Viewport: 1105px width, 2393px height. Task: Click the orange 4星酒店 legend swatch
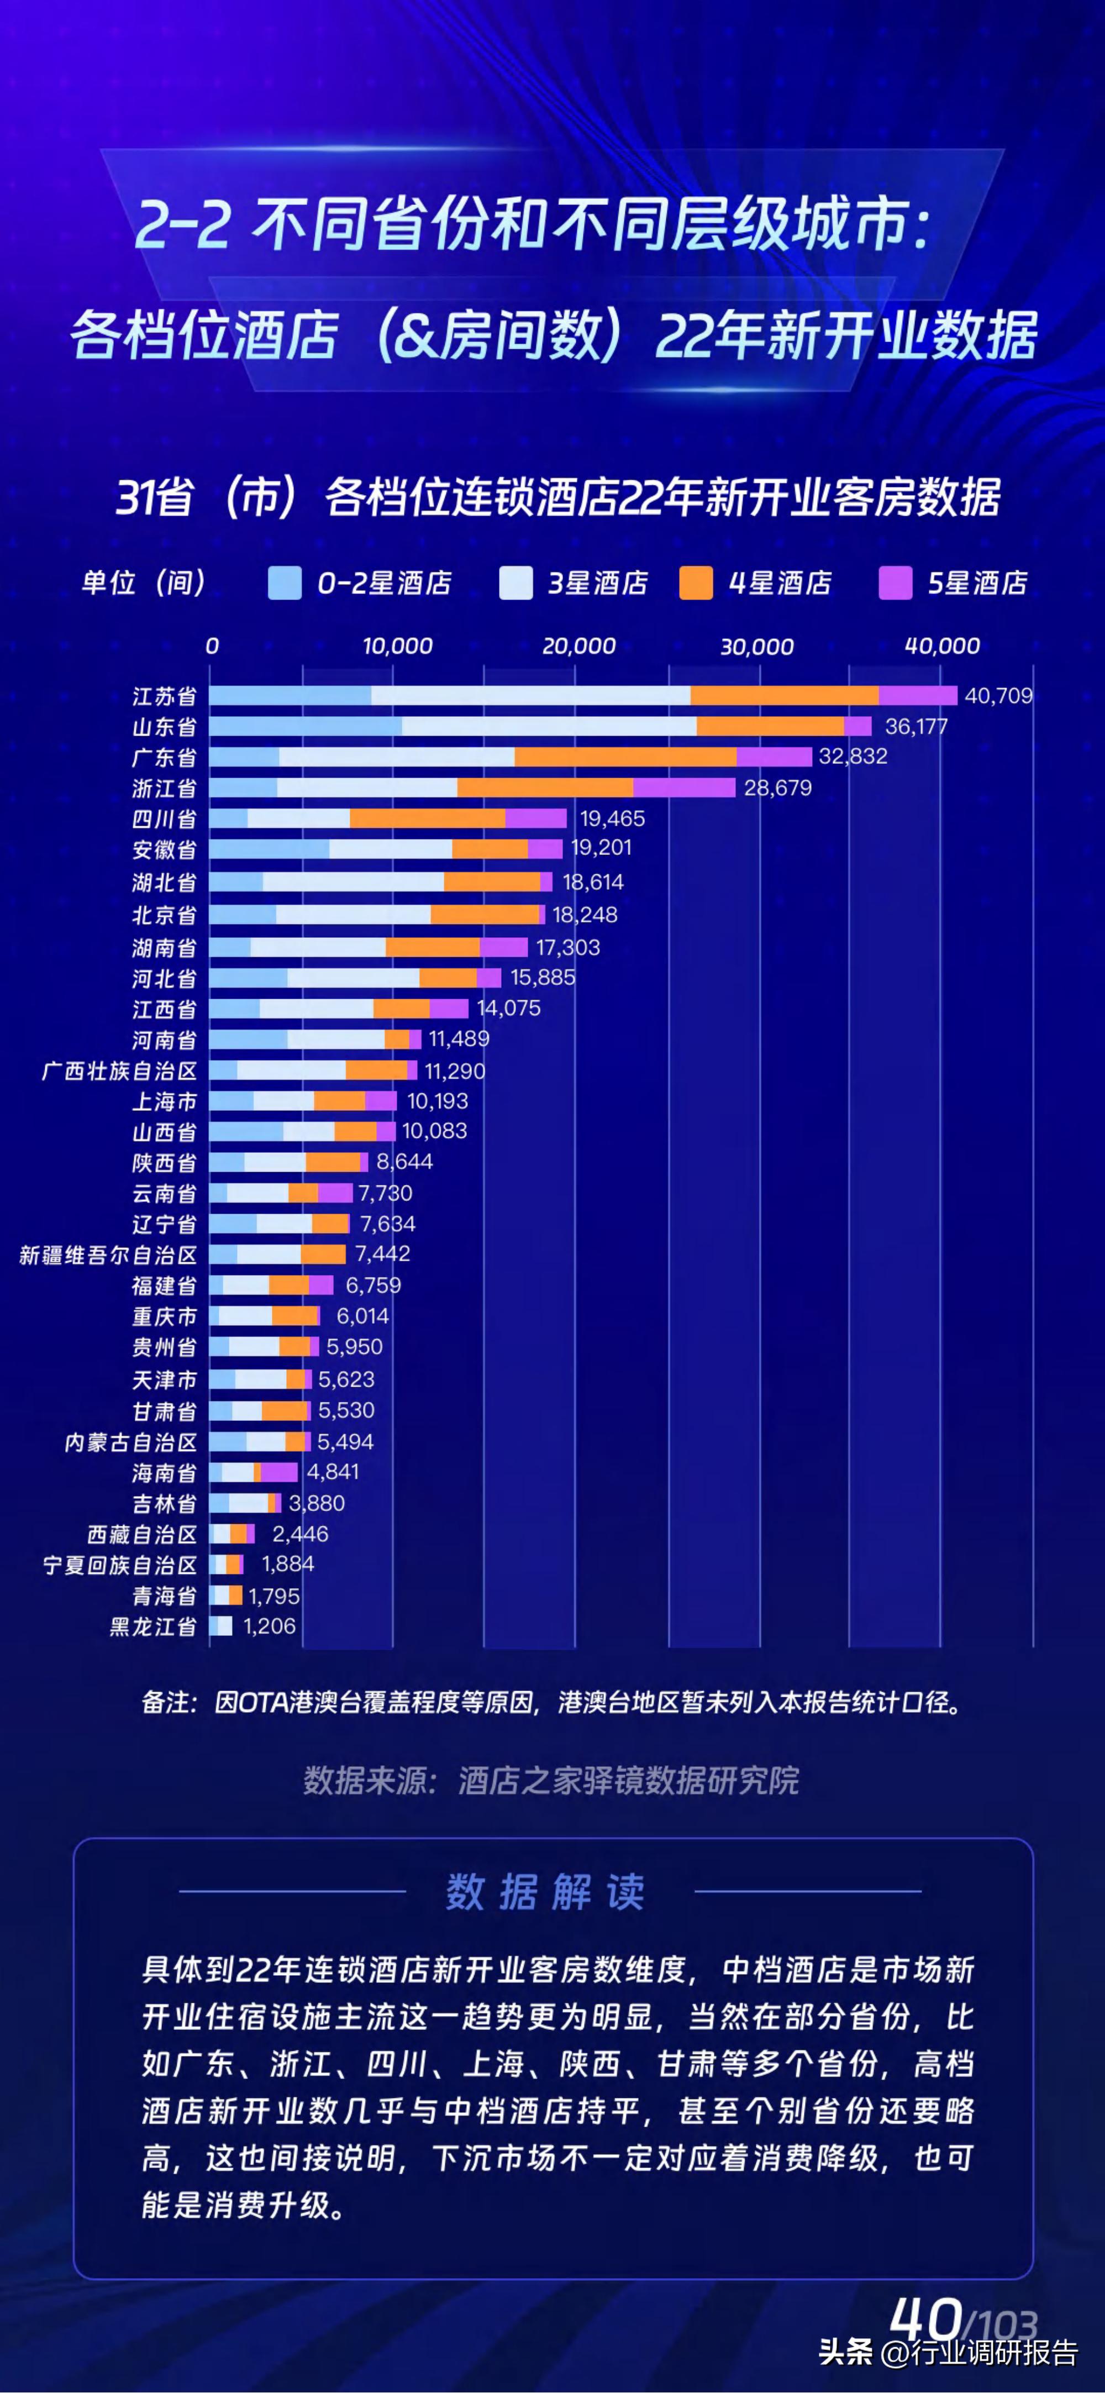click(x=696, y=584)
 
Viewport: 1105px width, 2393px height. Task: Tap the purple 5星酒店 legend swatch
click(x=895, y=584)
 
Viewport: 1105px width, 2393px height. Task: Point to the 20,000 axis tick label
click(x=578, y=646)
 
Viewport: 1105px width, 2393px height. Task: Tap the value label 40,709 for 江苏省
click(x=998, y=696)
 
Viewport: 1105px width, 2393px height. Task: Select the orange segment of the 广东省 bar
click(x=625, y=757)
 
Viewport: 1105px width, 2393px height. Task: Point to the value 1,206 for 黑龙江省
click(x=269, y=1626)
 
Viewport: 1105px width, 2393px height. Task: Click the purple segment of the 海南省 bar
click(x=278, y=1472)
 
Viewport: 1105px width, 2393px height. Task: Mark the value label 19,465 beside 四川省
click(x=612, y=818)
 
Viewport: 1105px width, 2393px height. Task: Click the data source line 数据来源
click(x=551, y=1781)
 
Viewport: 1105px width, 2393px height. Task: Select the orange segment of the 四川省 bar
click(x=427, y=818)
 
